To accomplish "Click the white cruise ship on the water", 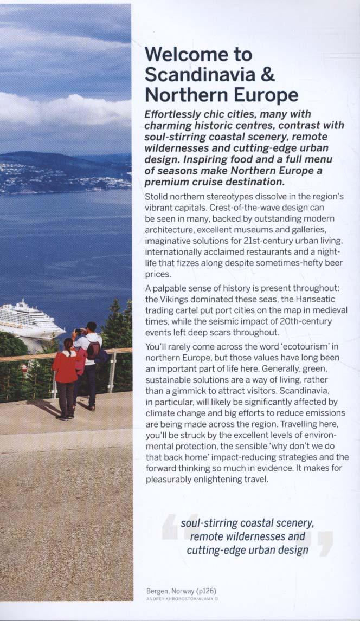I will click(x=30, y=321).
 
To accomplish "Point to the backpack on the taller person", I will click(x=94, y=350).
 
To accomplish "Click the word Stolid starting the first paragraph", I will click(x=157, y=197).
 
